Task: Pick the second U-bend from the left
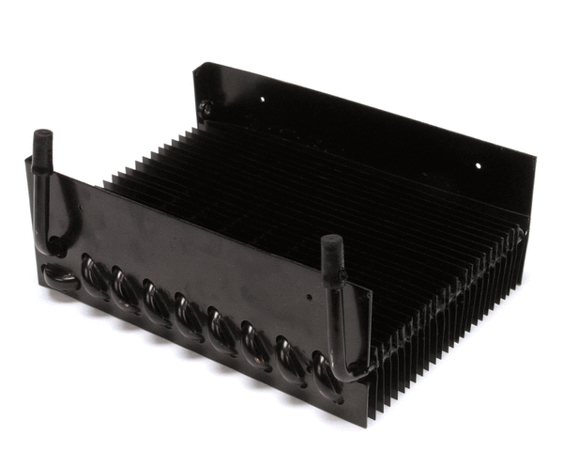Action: click(125, 286)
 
